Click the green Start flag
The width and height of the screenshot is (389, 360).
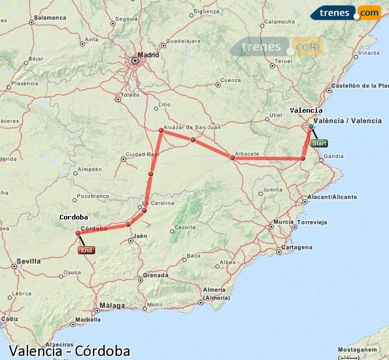[x=319, y=143]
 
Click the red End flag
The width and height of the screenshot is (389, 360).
[x=86, y=250]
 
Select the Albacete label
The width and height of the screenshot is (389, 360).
[x=247, y=153]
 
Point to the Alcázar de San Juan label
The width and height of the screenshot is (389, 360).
[x=192, y=127]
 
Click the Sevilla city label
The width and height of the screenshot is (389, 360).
[x=28, y=261]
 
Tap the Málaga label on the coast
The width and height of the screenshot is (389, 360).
[x=112, y=305]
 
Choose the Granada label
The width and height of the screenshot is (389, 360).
[x=156, y=275]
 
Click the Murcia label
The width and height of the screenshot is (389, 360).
[x=283, y=222]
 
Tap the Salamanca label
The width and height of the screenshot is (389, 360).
[x=50, y=17]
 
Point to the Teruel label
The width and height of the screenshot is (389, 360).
[x=283, y=60]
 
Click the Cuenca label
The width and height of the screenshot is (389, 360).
[x=230, y=80]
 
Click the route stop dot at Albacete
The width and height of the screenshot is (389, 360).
[x=232, y=157]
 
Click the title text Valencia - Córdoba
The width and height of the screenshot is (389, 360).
[x=70, y=351]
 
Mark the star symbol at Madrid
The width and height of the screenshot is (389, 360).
[x=135, y=60]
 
